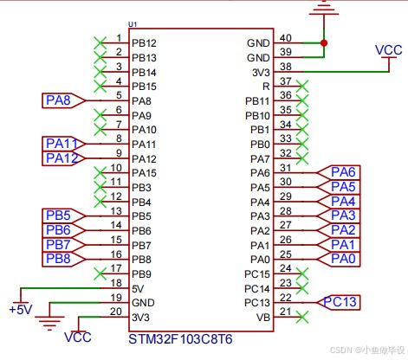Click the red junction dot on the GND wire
tap(324, 43)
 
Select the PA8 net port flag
tap(63, 100)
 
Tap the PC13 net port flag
tap(339, 303)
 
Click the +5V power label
tap(21, 310)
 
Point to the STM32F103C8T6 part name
tap(180, 339)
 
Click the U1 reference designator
tap(133, 24)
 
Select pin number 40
tap(286, 38)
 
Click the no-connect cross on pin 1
tap(100, 43)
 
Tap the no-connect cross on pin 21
tap(302, 317)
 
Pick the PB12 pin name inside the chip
tap(144, 43)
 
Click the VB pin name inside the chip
tap(263, 318)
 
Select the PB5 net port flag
tap(63, 215)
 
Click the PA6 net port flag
tap(339, 172)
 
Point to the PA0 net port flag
tap(339, 259)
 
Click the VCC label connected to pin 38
tap(389, 50)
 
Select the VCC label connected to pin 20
tap(78, 337)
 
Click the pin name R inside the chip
tap(266, 87)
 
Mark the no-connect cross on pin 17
tap(100, 273)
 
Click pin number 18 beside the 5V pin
tap(116, 283)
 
